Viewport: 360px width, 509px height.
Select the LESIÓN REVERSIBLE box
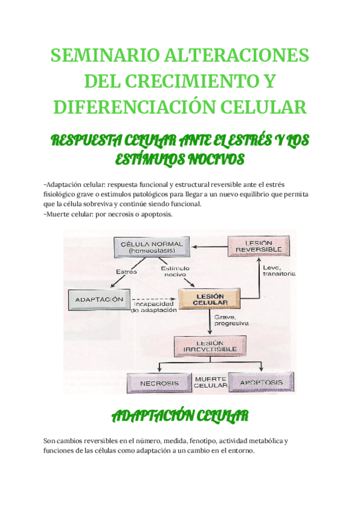coord(259,245)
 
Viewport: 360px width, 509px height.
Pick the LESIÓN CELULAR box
coord(209,299)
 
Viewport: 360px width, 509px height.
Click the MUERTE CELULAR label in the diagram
coord(210,382)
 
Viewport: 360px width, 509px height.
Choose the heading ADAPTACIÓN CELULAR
coord(179,416)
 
